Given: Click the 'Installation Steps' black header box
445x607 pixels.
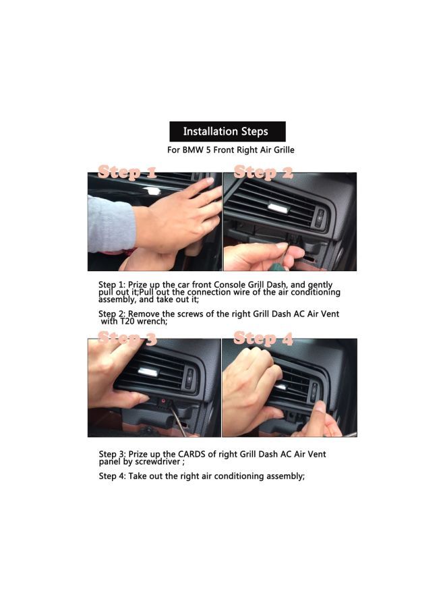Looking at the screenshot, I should [x=227, y=132].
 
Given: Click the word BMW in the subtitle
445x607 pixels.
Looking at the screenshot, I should [x=194, y=150].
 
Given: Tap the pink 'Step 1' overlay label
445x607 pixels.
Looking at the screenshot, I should [x=127, y=172].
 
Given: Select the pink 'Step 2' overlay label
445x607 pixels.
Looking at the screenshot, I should [x=264, y=172].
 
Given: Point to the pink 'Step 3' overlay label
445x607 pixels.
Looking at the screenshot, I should [x=127, y=339].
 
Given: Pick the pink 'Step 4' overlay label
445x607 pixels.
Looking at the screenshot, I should [x=264, y=339].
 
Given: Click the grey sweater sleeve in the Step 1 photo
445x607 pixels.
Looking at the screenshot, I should [x=111, y=225].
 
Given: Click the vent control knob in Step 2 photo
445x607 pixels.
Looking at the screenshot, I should [x=320, y=217].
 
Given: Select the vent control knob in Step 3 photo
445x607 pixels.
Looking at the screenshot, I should [x=189, y=378].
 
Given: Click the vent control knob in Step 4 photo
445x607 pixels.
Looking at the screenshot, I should [x=314, y=391].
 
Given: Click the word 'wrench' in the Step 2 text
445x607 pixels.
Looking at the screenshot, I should [x=151, y=321].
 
